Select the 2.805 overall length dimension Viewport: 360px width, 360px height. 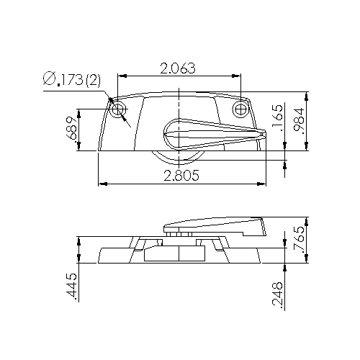tap(181, 176)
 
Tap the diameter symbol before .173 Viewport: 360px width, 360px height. tap(50, 80)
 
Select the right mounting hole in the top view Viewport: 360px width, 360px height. tap(240, 109)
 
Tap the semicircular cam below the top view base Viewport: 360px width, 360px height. tap(176, 160)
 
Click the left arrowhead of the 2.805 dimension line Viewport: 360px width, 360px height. tap(100, 184)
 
